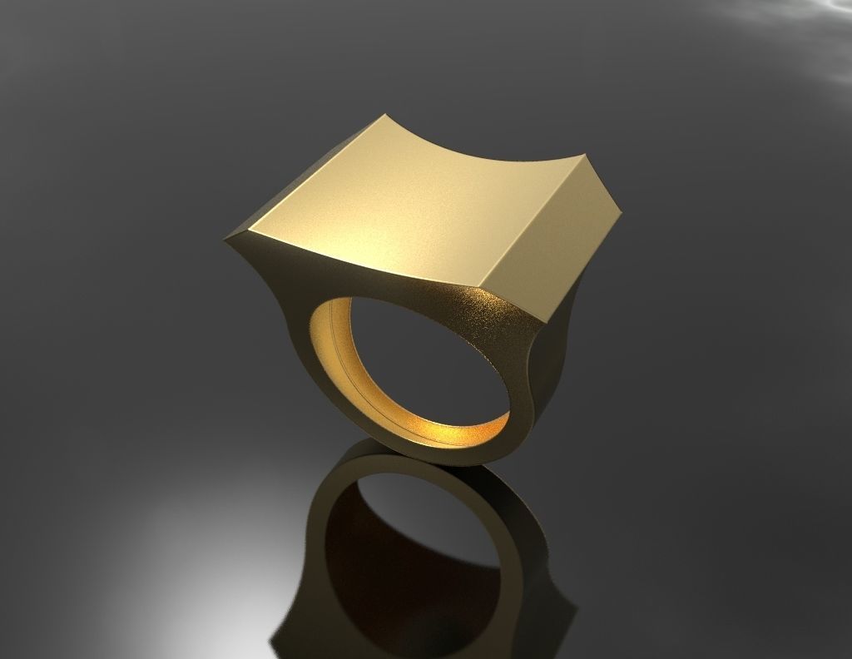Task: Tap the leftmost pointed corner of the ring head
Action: tap(225, 240)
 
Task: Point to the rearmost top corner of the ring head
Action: tap(388, 116)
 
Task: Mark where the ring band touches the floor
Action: tap(449, 462)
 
